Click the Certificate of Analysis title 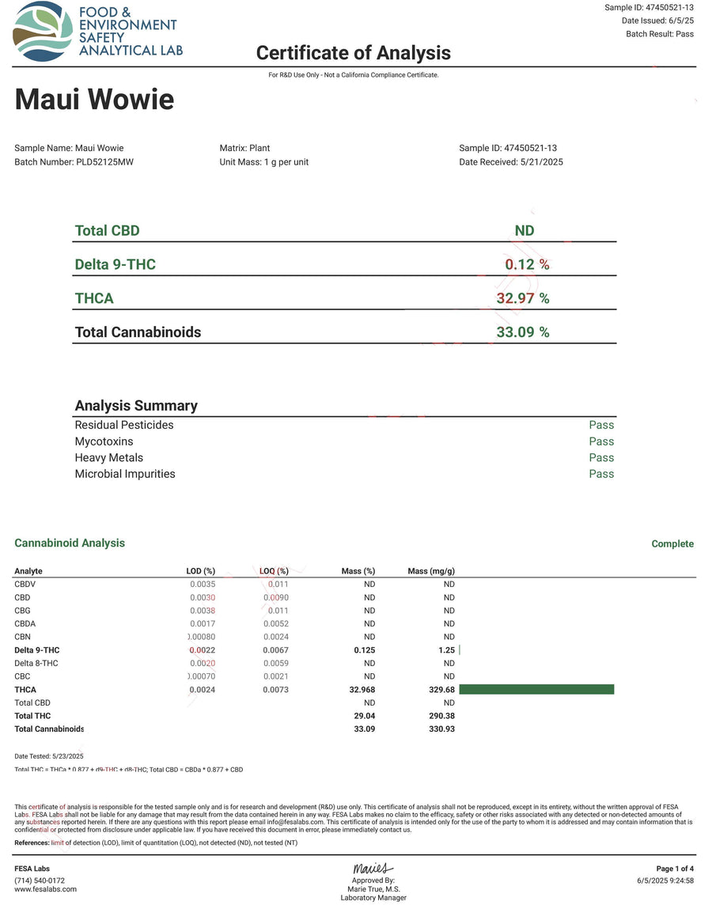click(x=353, y=53)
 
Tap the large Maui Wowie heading click(x=94, y=100)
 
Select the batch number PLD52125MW click(x=100, y=162)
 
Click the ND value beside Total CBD click(x=524, y=231)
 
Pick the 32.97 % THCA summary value click(x=522, y=298)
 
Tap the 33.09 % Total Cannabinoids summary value click(x=522, y=332)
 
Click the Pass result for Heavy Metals click(x=601, y=458)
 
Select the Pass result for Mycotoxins click(x=601, y=441)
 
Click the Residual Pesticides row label click(x=124, y=425)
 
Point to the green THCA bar click(x=536, y=690)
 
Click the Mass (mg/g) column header click(x=431, y=571)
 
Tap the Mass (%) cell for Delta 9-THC click(x=365, y=650)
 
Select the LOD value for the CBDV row click(x=203, y=584)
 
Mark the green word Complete click(x=672, y=544)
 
